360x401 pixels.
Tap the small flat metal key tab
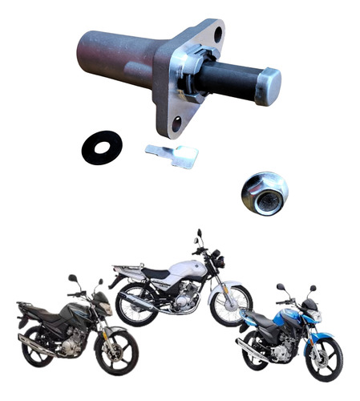[173, 155]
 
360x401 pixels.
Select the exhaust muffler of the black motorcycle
[37, 344]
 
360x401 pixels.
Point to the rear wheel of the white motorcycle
[134, 305]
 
